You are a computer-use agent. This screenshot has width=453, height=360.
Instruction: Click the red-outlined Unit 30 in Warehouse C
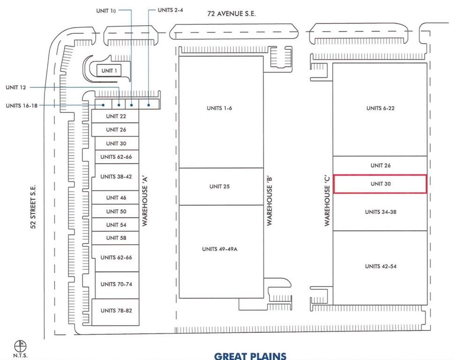pos(380,184)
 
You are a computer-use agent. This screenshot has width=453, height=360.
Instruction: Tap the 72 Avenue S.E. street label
pos(231,14)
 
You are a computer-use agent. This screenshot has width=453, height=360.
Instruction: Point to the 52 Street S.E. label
pos(33,206)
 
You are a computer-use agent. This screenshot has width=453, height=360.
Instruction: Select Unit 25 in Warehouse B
pos(221,187)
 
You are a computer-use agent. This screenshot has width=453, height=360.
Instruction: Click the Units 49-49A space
pos(221,252)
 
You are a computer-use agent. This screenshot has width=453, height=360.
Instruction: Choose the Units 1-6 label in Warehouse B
pos(219,108)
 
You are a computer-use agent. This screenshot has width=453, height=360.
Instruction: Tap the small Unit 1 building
pos(109,71)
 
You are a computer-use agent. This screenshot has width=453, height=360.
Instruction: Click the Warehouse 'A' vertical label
pos(145,201)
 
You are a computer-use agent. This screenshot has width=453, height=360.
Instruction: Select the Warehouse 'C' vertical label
pos(327,200)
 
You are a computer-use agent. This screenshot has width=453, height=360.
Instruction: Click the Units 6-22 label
pos(380,108)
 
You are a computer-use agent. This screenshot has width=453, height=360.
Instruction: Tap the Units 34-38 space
pos(380,212)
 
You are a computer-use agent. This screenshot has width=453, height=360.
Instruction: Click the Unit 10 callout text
pos(106,11)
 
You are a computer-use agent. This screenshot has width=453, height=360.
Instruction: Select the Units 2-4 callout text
pos(171,10)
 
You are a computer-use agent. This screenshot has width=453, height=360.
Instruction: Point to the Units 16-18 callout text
pos(22,105)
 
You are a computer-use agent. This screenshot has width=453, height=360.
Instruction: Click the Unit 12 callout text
pos(16,87)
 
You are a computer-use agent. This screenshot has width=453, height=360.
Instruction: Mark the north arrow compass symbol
pos(20,345)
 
